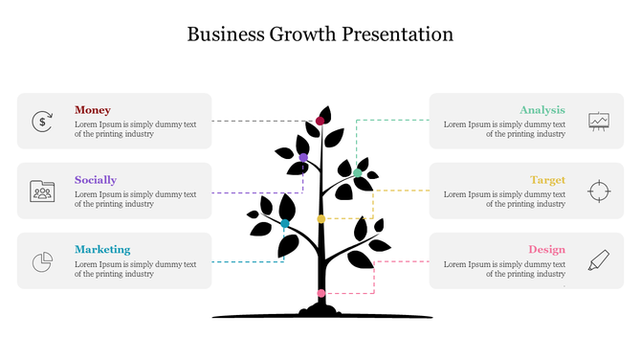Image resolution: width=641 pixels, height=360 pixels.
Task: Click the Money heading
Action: pyautogui.click(x=93, y=110)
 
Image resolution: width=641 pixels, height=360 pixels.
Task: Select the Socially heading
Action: pyautogui.click(x=96, y=180)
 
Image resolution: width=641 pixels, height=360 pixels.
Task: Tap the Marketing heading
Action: pyautogui.click(x=102, y=250)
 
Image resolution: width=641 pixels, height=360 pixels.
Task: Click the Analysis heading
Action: pyautogui.click(x=542, y=110)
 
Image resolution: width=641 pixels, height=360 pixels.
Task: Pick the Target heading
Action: pyautogui.click(x=548, y=180)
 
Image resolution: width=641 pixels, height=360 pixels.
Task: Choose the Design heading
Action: pyautogui.click(x=547, y=250)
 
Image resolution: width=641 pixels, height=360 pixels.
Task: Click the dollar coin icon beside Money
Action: pyautogui.click(x=42, y=121)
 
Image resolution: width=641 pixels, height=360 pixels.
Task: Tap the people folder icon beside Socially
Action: pyautogui.click(x=42, y=191)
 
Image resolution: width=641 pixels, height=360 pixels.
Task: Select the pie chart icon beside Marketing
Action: pyautogui.click(x=42, y=260)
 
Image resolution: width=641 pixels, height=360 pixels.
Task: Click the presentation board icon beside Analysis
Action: pyautogui.click(x=599, y=121)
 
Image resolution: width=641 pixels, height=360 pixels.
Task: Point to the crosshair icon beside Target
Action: pyautogui.click(x=599, y=191)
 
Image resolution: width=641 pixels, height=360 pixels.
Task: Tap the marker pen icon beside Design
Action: pyautogui.click(x=599, y=259)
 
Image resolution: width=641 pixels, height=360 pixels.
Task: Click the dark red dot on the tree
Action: pyautogui.click(x=320, y=121)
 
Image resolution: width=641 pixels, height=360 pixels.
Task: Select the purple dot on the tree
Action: pyautogui.click(x=303, y=157)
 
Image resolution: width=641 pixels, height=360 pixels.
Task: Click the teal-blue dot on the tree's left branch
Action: pyautogui.click(x=285, y=223)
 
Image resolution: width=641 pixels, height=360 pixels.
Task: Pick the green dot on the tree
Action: pyautogui.click(x=358, y=172)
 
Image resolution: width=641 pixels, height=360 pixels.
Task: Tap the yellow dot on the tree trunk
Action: pyautogui.click(x=321, y=219)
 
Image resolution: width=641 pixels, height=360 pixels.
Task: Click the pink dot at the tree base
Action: pyautogui.click(x=321, y=293)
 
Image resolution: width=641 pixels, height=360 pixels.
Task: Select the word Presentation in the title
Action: pyautogui.click(x=400, y=34)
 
